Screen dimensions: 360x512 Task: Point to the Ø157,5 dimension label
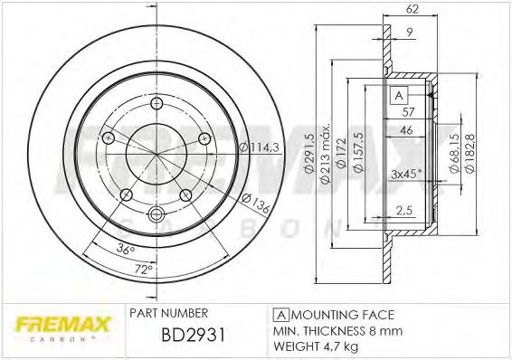(359, 150)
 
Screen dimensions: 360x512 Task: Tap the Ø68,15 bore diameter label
(452, 150)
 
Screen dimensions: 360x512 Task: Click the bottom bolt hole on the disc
(154, 214)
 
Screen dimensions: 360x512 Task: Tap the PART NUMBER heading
(169, 313)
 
